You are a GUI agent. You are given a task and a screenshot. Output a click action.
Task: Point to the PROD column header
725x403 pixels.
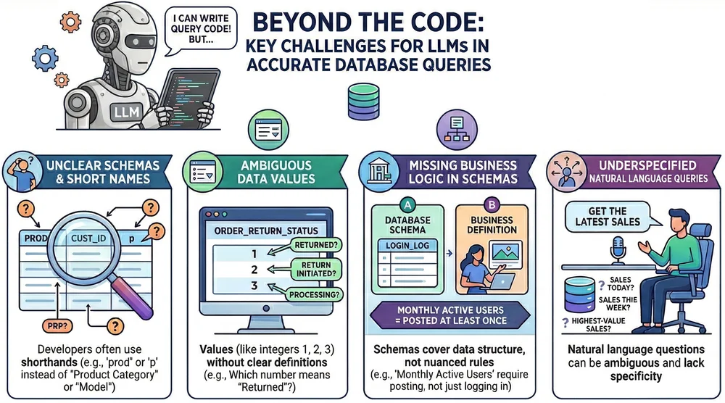[x=36, y=236]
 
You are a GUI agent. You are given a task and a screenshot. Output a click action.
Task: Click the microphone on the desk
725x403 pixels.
[x=621, y=250]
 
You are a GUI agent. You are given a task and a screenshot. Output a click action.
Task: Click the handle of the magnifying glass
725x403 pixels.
[x=139, y=302]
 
